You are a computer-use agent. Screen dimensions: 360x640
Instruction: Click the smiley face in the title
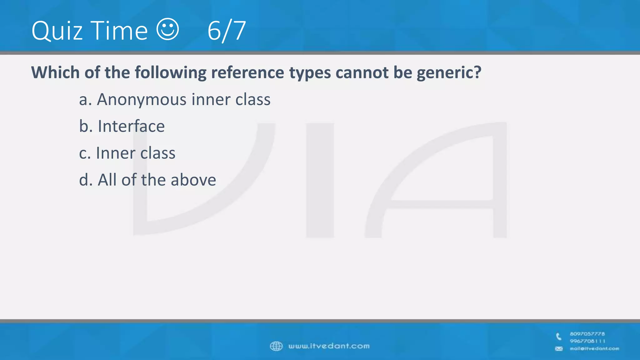point(168,29)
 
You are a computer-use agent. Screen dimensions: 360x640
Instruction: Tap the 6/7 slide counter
point(227,31)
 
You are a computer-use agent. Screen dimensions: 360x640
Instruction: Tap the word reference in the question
point(247,72)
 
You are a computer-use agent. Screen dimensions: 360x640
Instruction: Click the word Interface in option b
point(131,126)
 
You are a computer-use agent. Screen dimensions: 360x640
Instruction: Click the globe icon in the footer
point(276,346)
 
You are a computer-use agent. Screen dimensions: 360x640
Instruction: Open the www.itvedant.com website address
point(329,346)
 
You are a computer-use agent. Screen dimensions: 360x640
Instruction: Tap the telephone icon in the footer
point(559,337)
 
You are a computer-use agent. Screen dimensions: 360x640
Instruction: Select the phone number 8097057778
point(587,334)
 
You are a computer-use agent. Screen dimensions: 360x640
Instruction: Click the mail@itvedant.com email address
point(594,348)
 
